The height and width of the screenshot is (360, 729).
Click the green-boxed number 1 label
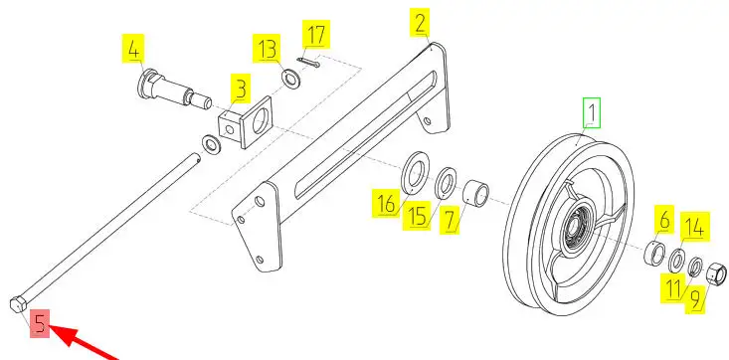point(592,112)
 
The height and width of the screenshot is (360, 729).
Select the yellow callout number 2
point(420,22)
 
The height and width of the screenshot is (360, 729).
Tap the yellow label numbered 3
point(241,88)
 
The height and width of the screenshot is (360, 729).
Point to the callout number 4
point(133,49)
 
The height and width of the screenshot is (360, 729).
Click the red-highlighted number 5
point(40,324)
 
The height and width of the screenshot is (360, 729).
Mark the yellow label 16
point(386,203)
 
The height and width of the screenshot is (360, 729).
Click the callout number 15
point(418,215)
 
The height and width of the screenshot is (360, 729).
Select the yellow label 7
point(450,220)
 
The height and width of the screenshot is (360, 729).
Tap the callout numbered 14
point(695,227)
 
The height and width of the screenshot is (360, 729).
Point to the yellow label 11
point(673,288)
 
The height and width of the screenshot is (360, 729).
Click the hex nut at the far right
point(716,273)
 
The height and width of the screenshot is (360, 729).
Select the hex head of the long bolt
point(17,303)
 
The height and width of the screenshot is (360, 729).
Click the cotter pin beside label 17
point(308,62)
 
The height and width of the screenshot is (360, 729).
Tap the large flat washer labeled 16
point(414,173)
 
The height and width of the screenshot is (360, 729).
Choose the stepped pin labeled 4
point(174,90)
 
